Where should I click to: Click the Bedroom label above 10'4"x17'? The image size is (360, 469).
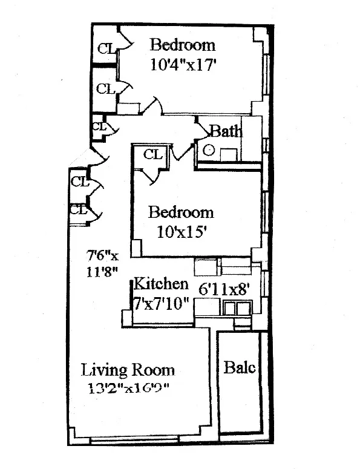coord(183,45)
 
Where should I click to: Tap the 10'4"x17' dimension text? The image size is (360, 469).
coord(183,64)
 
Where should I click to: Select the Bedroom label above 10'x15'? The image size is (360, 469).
coord(181,212)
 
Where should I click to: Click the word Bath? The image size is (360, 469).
coord(225,131)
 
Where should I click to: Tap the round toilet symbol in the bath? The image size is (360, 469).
coord(209,151)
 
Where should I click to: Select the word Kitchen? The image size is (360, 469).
coord(161,283)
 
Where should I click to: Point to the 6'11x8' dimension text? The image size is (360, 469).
coord(224,289)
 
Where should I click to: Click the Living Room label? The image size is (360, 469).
coord(128,370)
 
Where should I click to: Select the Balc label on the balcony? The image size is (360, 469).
coord(240,367)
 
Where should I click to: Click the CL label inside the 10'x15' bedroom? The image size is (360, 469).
coord(152,155)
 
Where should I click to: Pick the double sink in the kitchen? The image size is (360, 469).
coord(236,309)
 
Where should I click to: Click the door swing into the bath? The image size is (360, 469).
coord(201,129)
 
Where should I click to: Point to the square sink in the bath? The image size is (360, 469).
coord(228,154)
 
